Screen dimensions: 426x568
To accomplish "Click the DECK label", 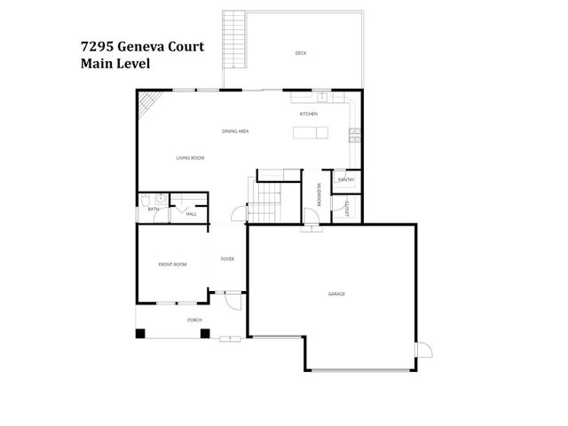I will [x=301, y=53].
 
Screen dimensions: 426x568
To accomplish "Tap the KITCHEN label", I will [x=308, y=114].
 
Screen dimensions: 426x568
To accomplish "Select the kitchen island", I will [x=310, y=133].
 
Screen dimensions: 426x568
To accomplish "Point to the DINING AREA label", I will [x=235, y=131].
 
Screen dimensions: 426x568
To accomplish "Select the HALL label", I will [x=191, y=214].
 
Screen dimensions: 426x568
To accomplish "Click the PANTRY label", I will [x=346, y=180].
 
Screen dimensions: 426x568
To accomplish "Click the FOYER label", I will [x=227, y=258].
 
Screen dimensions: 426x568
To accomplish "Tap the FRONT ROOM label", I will [x=172, y=264].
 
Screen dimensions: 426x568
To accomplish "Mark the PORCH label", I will [x=193, y=319].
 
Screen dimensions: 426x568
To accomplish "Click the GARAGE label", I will [x=336, y=294].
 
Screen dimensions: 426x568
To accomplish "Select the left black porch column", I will [x=139, y=334].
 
